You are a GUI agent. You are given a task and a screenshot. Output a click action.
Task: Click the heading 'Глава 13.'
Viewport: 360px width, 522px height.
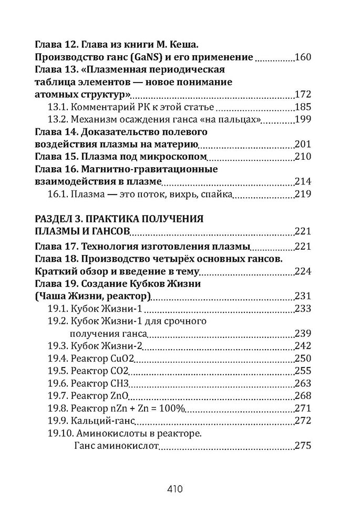(x=55, y=69)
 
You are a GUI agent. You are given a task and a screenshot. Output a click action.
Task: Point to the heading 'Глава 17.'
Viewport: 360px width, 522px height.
(x=55, y=246)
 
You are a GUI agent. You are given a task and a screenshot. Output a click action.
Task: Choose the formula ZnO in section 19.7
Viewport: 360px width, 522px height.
(x=120, y=396)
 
